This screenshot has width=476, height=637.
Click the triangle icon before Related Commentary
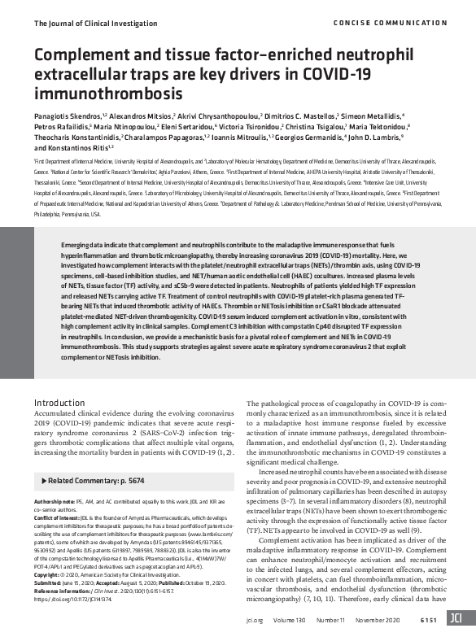(41, 481)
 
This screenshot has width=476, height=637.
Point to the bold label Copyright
(50, 574)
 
